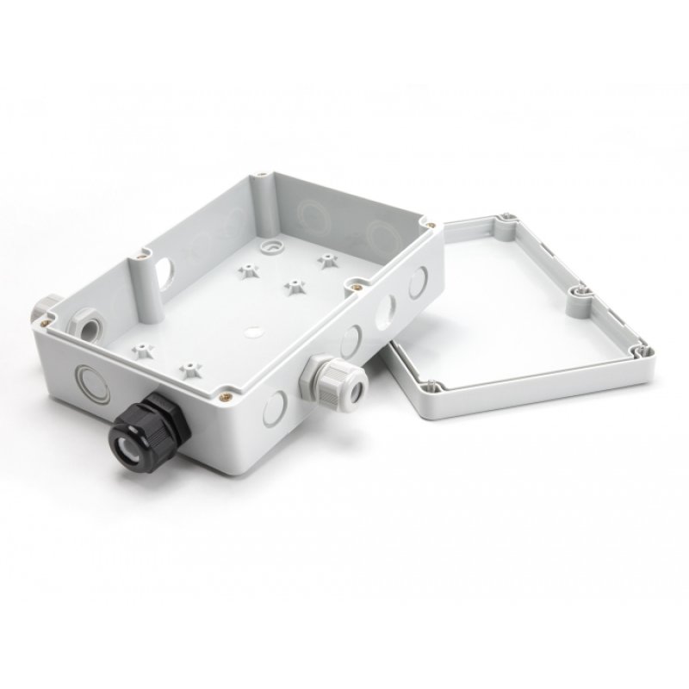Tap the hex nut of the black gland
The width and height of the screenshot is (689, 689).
[x=163, y=413]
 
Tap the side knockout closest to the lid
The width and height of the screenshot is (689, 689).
[x=419, y=282]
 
